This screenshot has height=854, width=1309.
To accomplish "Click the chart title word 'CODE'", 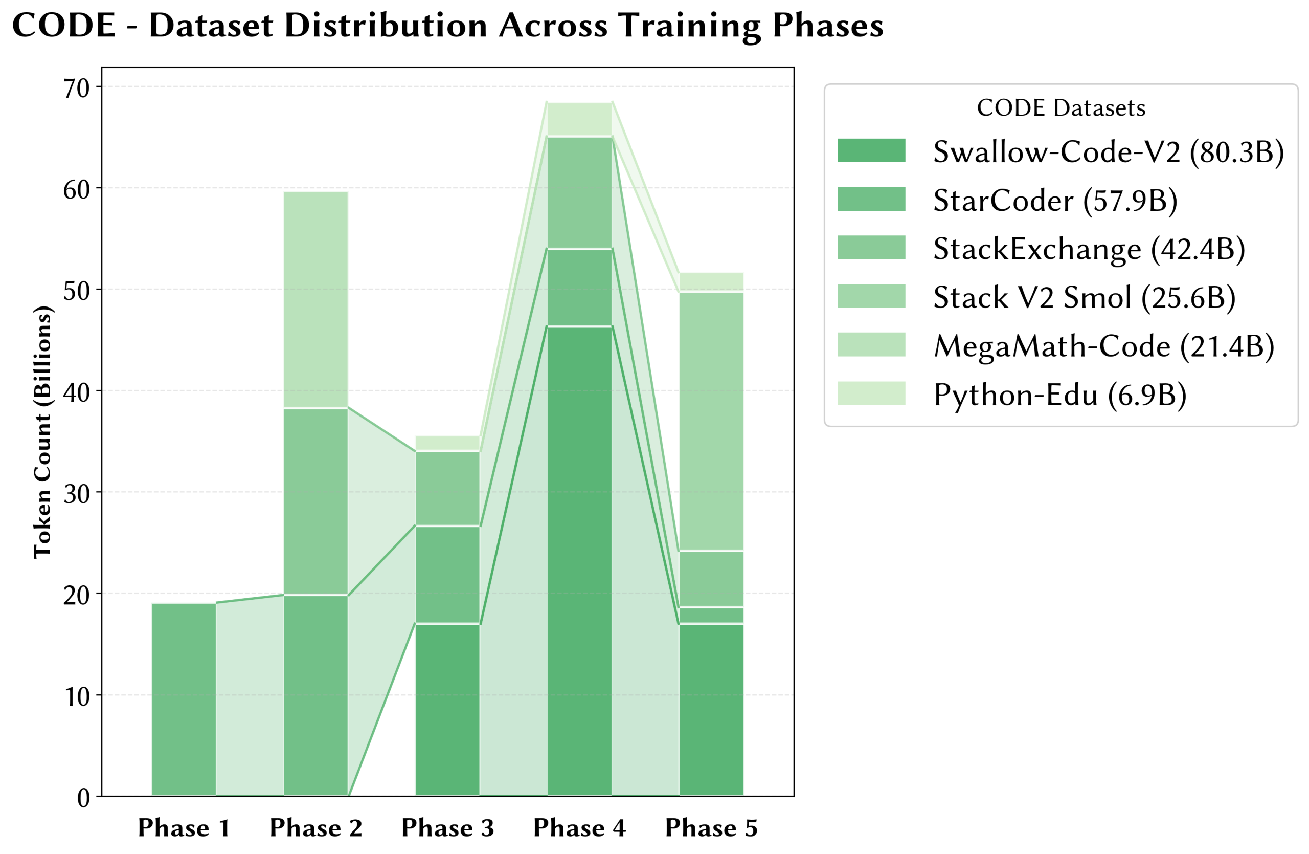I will [64, 26].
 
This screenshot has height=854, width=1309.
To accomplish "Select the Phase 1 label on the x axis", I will [184, 828].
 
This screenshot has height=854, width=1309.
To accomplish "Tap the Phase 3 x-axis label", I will [448, 828].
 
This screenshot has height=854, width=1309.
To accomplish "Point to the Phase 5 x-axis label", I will [711, 828].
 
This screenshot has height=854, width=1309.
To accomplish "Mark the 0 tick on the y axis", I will [83, 798].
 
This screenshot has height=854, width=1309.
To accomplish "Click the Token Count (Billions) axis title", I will [42, 432].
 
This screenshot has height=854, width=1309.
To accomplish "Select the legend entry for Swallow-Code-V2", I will [1108, 151].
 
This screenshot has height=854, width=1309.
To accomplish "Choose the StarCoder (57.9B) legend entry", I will [1055, 200].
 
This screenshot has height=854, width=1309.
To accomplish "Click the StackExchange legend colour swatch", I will [871, 248].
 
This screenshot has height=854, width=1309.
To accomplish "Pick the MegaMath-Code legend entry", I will [1103, 346].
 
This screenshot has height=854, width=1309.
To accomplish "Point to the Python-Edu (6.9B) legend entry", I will [1059, 395].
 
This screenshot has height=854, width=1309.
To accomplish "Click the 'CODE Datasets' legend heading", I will [1060, 108].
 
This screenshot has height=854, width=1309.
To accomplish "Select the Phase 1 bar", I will [184, 699].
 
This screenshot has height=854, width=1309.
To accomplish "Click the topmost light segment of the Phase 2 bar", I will [315, 300].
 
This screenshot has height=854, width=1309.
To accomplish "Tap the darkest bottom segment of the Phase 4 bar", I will [580, 561].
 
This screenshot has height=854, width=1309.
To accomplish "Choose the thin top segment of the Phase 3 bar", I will [448, 443].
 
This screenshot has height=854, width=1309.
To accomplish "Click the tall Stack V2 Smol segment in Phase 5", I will [711, 421].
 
